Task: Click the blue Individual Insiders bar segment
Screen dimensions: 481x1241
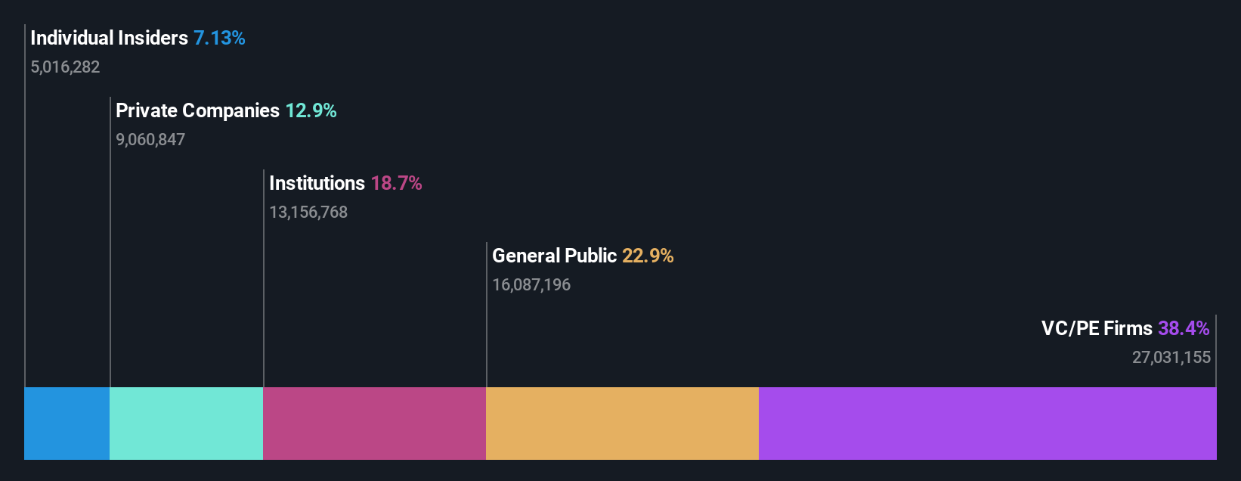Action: point(67,424)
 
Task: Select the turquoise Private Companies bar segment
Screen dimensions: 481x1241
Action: point(186,424)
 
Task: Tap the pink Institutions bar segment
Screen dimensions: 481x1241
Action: point(374,424)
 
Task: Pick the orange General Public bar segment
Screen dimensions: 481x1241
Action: point(622,424)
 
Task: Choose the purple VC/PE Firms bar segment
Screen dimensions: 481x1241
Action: point(987,424)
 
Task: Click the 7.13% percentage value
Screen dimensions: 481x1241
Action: point(219,38)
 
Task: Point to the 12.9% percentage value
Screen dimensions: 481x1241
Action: point(311,110)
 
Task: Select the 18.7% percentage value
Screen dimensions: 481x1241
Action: point(396,183)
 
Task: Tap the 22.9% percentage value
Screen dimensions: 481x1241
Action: point(648,256)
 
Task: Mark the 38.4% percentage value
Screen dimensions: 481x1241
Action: point(1184,328)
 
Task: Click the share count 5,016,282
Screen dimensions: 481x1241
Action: point(65,67)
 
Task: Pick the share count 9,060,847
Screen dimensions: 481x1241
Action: point(150,140)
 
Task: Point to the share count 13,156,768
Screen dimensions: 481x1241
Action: point(308,213)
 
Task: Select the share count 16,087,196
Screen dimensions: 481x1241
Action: point(531,285)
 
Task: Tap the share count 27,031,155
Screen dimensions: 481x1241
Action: point(1171,358)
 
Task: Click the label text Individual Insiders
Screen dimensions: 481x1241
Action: point(109,38)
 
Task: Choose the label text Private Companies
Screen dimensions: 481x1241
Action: point(197,110)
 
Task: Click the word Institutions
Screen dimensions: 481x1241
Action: point(317,183)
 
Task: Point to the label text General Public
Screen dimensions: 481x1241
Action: point(554,256)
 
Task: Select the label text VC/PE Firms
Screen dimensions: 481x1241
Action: point(1097,328)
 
